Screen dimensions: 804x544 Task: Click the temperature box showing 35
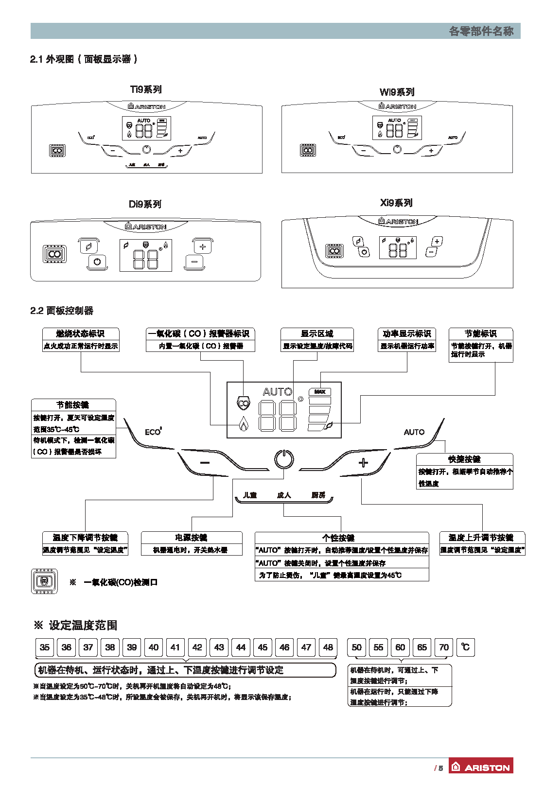45,647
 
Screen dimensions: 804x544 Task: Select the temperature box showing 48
328,647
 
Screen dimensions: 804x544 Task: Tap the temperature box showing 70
444,647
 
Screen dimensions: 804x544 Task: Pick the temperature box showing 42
197,647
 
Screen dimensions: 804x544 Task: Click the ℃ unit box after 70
465,647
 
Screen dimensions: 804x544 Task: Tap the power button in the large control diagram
284,459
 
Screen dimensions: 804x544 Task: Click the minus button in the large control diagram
205,463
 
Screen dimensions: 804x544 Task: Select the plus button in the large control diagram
363,463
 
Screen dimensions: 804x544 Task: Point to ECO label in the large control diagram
153,432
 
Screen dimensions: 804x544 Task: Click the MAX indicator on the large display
320,391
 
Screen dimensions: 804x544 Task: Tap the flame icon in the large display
243,424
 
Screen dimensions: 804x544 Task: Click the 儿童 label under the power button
250,495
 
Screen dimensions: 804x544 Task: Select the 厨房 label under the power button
318,495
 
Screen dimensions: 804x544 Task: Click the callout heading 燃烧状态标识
80,333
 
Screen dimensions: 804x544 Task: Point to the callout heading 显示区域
317,333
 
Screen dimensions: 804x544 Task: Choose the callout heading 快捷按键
464,459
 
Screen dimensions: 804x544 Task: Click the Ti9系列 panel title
146,89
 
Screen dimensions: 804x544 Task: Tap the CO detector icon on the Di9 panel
54,254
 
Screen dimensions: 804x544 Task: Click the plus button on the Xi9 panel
437,241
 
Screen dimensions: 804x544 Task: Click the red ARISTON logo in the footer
481,767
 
